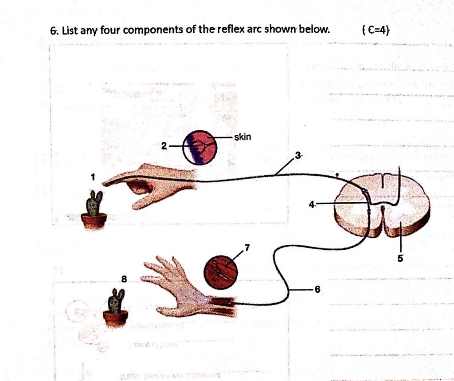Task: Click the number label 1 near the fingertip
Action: point(93,177)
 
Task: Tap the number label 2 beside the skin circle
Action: point(164,146)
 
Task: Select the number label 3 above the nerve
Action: point(298,155)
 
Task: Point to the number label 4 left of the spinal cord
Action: point(312,204)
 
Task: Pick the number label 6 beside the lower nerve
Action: point(317,289)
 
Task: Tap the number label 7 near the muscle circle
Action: point(247,247)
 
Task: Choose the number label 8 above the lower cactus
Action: point(124,279)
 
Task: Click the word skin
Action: point(243,137)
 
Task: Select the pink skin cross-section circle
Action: point(200,147)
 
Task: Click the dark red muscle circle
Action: point(220,272)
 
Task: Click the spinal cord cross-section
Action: point(382,204)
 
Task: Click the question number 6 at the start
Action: point(54,31)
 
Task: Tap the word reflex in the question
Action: point(231,30)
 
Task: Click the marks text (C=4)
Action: point(376,30)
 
